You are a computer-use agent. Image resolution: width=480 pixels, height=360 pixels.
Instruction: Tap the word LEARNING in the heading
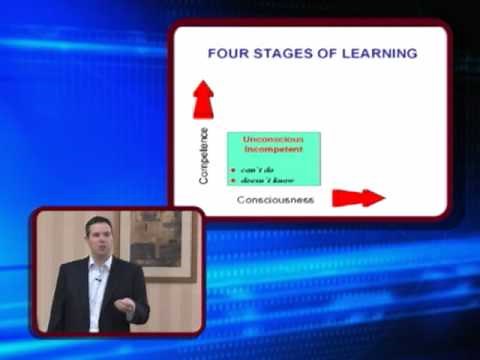(378, 53)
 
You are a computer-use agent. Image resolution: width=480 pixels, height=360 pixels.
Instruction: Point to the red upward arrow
(204, 99)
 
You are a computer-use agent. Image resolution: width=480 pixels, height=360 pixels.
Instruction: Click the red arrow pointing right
(358, 197)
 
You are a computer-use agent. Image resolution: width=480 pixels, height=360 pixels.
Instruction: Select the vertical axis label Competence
(204, 154)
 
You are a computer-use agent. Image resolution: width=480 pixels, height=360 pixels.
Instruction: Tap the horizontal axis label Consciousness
(275, 199)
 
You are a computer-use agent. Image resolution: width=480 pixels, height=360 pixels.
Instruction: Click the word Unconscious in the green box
(273, 139)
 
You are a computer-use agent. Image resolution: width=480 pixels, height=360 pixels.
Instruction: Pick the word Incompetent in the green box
(273, 149)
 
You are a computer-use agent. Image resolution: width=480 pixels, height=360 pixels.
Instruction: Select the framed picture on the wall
(159, 239)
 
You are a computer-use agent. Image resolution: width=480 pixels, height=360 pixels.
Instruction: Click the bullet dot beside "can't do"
(234, 168)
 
